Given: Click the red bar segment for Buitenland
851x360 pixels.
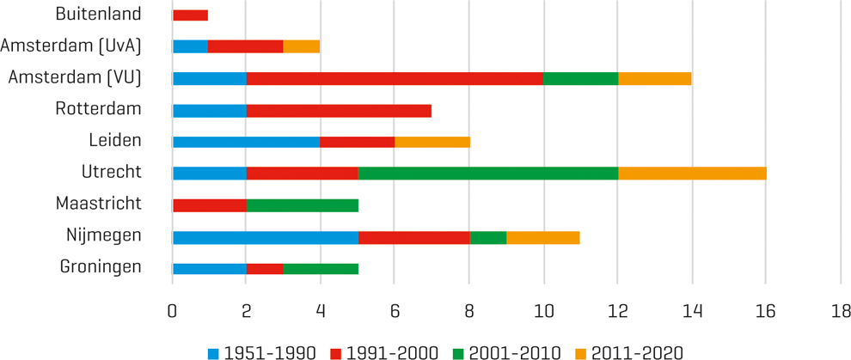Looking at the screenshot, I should [x=190, y=15].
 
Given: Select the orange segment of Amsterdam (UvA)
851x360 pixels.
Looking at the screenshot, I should [x=301, y=46].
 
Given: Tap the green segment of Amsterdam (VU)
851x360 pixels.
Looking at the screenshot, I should [x=580, y=78].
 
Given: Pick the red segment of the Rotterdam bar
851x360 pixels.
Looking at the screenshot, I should [x=339, y=110].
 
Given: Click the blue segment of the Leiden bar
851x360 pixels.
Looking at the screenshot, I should [x=246, y=142].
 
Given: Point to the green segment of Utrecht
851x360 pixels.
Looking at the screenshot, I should [x=488, y=173].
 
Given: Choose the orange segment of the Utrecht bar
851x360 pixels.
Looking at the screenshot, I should [x=692, y=173].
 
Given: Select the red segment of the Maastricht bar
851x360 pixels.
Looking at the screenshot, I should [x=210, y=204].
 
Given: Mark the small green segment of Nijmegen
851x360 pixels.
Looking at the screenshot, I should [x=488, y=236].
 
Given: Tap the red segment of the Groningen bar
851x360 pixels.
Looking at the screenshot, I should [x=265, y=268].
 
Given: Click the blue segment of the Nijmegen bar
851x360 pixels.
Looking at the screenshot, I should [x=265, y=236].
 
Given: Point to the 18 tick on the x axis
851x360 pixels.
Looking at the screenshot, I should [x=839, y=310].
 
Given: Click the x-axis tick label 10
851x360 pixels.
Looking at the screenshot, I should [x=543, y=310].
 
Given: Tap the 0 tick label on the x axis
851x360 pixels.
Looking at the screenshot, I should [x=173, y=310].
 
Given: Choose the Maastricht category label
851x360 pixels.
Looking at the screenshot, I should [x=98, y=204].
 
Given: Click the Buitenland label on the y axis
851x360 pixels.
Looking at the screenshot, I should [x=98, y=14].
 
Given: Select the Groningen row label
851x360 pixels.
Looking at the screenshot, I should [x=101, y=267].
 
